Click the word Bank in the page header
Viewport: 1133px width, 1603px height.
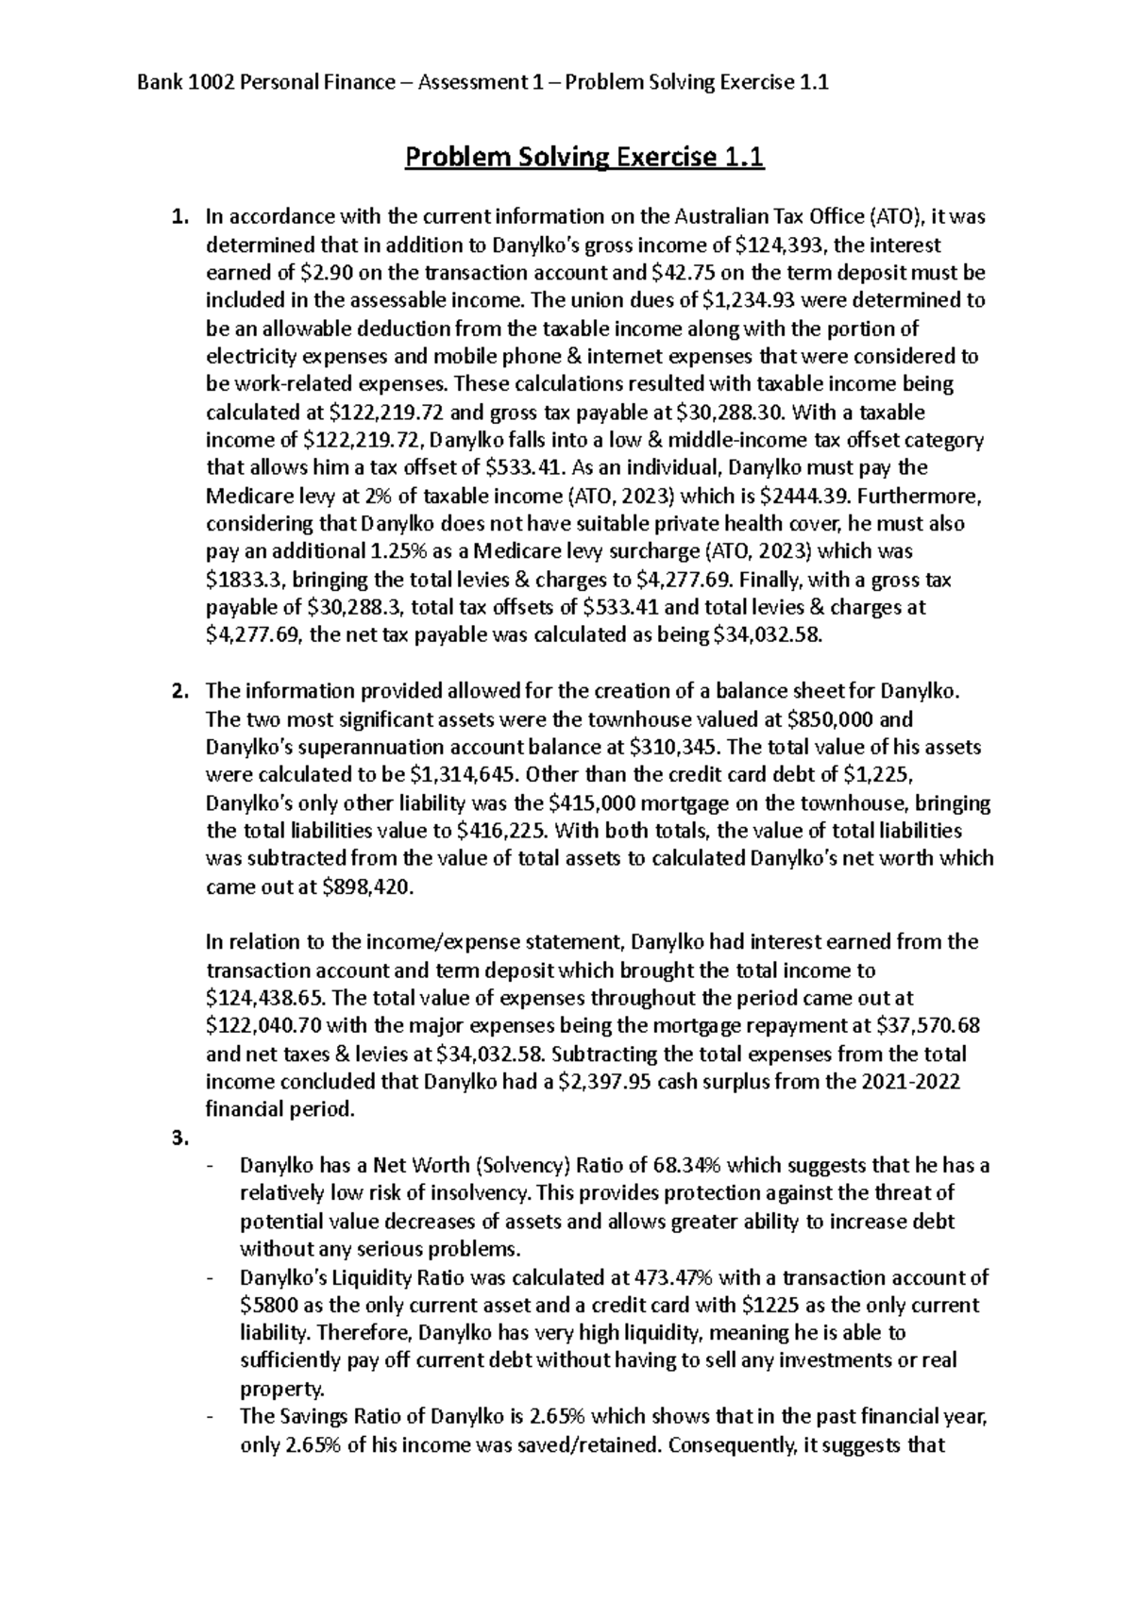coord(160,83)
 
